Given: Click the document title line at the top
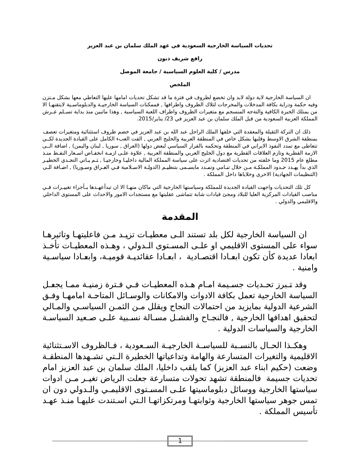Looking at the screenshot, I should [x=180, y=45].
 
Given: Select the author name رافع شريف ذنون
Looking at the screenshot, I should [x=180, y=58].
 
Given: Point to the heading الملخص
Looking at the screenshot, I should [x=180, y=85].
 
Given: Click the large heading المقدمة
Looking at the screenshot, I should [x=180, y=217].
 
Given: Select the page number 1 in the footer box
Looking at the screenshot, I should [x=180, y=441].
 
